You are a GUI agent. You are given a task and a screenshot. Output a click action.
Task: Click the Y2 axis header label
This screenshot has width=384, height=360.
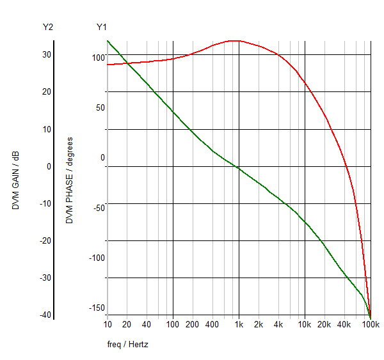pyautogui.click(x=47, y=27)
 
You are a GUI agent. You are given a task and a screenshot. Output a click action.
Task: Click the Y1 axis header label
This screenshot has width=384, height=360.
pyautogui.click(x=102, y=27)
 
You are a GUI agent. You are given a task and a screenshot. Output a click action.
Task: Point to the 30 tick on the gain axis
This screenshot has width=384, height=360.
pyautogui.click(x=47, y=54)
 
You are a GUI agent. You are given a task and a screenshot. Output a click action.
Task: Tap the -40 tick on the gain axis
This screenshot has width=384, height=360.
pyautogui.click(x=45, y=315)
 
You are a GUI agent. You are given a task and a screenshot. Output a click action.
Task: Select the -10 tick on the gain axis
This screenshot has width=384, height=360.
pyautogui.click(x=45, y=203)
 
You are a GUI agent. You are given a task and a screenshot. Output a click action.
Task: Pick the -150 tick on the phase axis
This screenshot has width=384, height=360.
pyautogui.click(x=96, y=308)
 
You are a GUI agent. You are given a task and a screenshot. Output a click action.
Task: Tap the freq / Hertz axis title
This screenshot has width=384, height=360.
pyautogui.click(x=128, y=345)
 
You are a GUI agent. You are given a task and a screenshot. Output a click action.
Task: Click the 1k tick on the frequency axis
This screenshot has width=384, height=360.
pyautogui.click(x=239, y=325)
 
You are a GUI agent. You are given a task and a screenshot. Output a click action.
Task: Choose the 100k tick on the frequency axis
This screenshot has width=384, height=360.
pyautogui.click(x=371, y=325)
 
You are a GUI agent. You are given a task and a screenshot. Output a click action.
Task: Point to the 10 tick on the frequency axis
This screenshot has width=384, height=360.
pyautogui.click(x=107, y=325)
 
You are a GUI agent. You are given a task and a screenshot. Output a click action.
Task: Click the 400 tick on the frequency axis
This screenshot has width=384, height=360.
pyautogui.click(x=212, y=325)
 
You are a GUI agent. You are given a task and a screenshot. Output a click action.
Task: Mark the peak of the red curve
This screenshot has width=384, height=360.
pyautogui.click(x=236, y=40)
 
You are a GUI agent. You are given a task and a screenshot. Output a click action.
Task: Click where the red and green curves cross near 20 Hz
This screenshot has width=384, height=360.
pyautogui.click(x=127, y=63)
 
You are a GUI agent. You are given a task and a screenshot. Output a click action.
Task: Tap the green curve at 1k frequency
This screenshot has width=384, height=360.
pyautogui.click(x=239, y=168)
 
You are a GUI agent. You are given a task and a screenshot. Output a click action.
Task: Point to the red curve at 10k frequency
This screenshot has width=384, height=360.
pyautogui.click(x=305, y=82)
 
